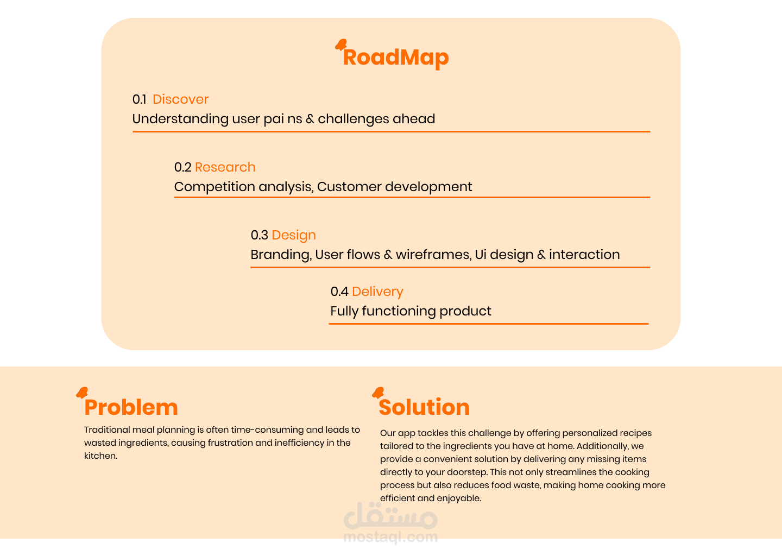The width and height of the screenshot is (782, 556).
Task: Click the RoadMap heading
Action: point(395,58)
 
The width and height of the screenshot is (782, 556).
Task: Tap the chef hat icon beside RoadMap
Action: point(341,45)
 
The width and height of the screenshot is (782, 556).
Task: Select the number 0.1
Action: point(139,99)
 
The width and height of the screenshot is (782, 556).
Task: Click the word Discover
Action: point(180,99)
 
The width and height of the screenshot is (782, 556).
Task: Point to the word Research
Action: point(225,167)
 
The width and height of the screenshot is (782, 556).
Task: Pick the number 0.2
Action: point(182,167)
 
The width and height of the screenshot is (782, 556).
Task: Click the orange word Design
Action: point(294,236)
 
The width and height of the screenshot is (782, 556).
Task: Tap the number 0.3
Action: point(260,235)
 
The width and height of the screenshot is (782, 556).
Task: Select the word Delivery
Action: point(377,292)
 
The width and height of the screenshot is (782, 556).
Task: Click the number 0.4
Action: point(339,292)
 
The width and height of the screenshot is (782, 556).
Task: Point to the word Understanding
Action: point(180,119)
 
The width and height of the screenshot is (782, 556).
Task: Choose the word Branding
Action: point(281,255)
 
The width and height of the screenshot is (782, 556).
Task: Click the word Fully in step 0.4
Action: point(344,311)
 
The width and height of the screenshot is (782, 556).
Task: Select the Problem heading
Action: point(131,407)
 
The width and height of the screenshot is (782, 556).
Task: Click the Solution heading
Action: point(424,407)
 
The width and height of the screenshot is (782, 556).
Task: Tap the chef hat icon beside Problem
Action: point(82,393)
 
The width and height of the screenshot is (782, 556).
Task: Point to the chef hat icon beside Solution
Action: point(378,393)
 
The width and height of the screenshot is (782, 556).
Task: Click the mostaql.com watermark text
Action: point(390,537)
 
